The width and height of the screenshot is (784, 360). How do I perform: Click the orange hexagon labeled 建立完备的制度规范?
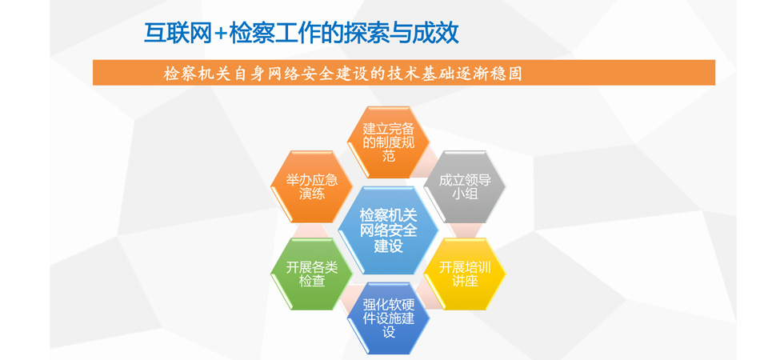pos(389,142)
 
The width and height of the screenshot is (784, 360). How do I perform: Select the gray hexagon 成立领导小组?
pos(465,186)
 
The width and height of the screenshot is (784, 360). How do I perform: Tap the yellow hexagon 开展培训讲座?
pos(465,274)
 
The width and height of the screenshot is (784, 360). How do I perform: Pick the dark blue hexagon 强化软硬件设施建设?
pos(389,318)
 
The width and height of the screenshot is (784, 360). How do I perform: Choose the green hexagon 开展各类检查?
pos(312,274)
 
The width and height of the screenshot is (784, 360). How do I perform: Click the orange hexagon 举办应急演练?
pos(312,186)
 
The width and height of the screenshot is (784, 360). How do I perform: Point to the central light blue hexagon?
pos(389,230)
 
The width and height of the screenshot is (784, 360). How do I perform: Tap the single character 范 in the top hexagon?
pos(389,156)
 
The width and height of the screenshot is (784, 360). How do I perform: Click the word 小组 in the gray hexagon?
pos(465,194)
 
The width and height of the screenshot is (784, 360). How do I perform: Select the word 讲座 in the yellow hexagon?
pos(465,281)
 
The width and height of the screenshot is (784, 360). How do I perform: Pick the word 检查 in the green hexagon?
pos(312,281)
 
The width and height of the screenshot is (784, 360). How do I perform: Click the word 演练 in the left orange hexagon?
pos(312,194)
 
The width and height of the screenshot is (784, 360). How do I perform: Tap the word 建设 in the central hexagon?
pos(389,246)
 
